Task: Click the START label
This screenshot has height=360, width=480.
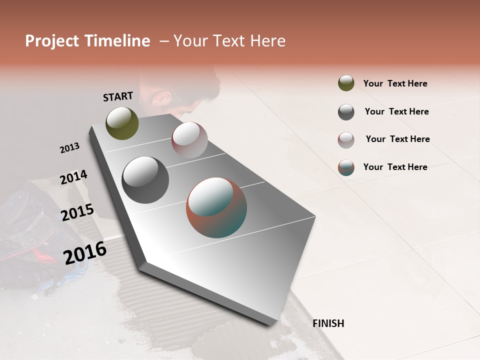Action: click(118, 96)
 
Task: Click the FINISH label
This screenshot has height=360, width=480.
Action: click(328, 323)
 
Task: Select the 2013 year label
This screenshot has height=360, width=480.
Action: click(69, 148)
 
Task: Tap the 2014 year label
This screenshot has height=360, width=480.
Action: click(73, 177)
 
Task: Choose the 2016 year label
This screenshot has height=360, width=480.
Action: click(85, 252)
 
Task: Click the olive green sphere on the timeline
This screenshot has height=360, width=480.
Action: click(122, 123)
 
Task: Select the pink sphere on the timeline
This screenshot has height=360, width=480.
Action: click(189, 140)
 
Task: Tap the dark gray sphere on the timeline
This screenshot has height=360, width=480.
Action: click(145, 180)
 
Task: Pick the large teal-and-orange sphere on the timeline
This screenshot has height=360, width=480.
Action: click(216, 207)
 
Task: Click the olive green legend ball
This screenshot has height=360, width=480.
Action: click(346, 83)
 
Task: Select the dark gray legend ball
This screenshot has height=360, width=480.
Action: click(346, 112)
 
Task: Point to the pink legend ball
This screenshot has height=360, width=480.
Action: click(346, 140)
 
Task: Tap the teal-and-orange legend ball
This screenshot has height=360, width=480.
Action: click(346, 167)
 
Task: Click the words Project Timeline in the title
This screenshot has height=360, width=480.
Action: click(87, 41)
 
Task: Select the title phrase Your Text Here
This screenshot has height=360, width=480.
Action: click(229, 41)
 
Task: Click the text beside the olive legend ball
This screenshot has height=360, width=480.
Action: click(395, 83)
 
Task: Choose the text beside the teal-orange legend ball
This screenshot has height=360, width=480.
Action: click(395, 167)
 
